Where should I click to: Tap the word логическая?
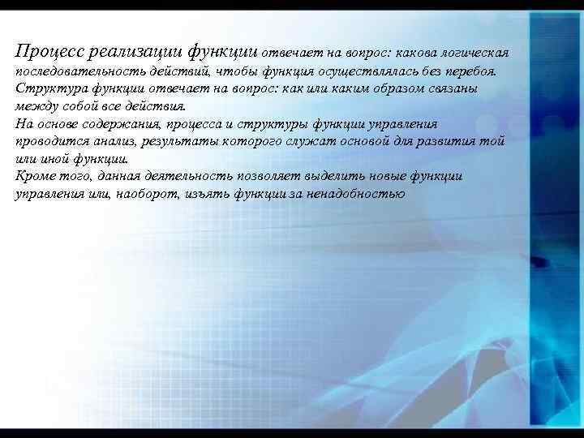tap(476, 52)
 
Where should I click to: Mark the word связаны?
tap(452, 88)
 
